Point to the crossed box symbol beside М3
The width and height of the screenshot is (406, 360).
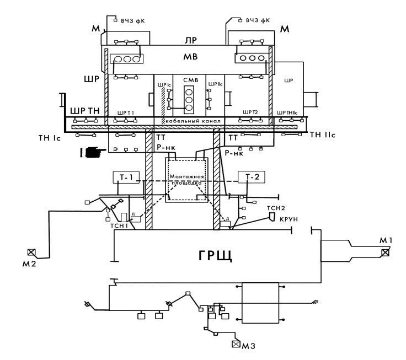coord(237,345)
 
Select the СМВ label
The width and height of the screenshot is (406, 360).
coord(189,80)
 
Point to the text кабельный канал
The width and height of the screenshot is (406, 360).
coord(189,121)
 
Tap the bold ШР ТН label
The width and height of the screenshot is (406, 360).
coord(83,111)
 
